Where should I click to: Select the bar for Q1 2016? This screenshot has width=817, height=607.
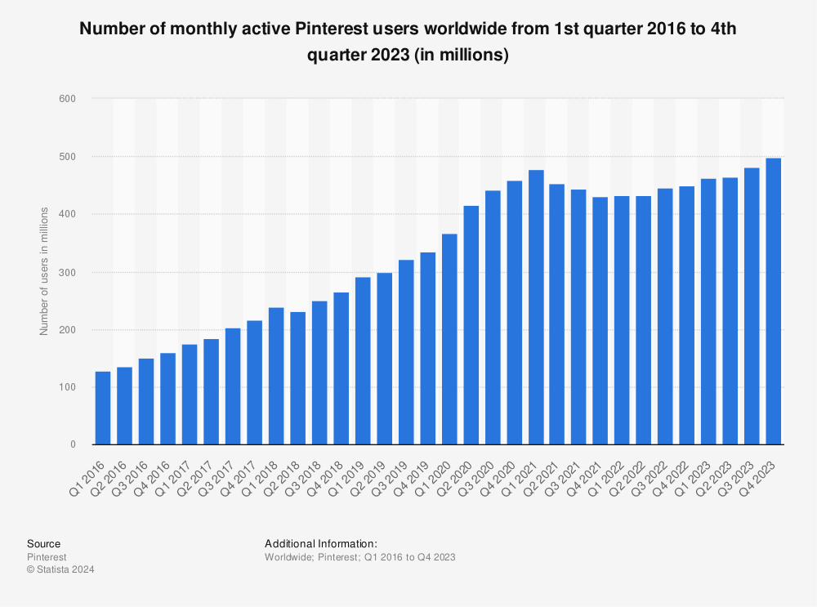[103, 408]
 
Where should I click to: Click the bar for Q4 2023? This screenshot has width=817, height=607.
[773, 301]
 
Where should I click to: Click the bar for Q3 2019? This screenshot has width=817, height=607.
[405, 352]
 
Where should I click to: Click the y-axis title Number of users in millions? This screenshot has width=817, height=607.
[44, 271]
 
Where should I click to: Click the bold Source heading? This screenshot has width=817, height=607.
[43, 543]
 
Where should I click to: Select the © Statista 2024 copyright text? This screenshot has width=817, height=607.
[60, 569]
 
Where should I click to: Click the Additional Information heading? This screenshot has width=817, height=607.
[320, 543]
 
